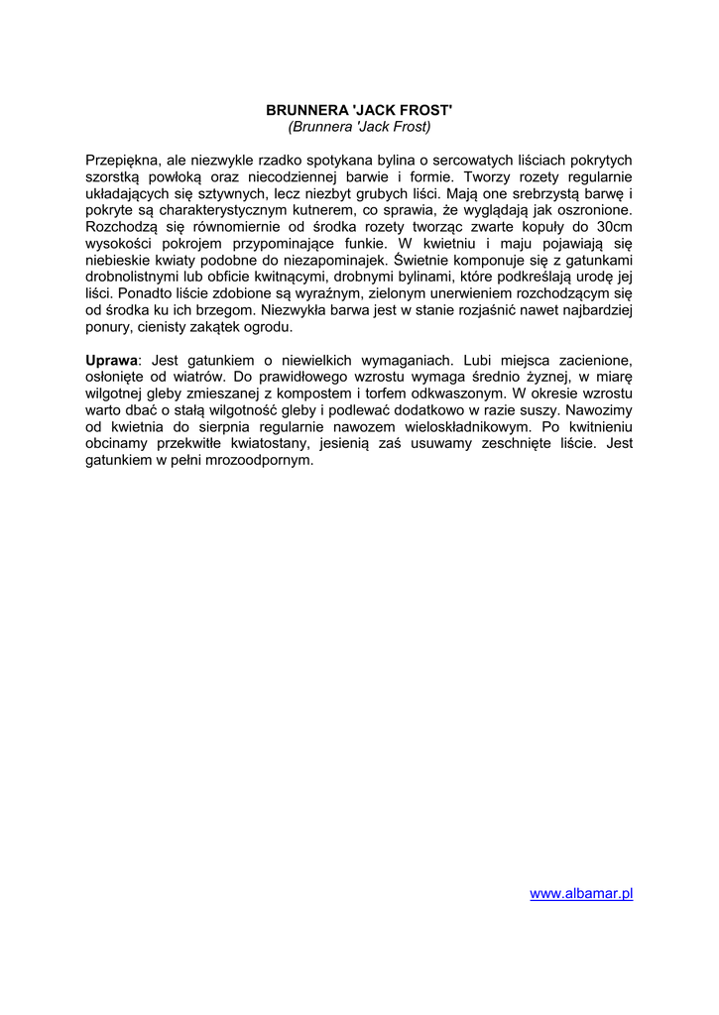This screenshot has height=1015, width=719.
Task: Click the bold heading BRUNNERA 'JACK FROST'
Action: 359,110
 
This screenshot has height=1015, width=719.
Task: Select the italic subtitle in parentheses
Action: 359,127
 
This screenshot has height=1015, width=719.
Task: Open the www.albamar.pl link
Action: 581,893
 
